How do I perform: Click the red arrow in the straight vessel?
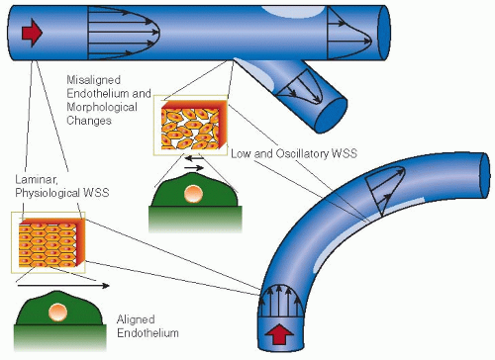(32, 33)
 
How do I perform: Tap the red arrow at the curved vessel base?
(279, 335)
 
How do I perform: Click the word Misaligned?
(94, 80)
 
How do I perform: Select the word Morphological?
(102, 107)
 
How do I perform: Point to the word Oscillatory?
(302, 153)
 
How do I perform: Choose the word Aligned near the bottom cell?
(136, 319)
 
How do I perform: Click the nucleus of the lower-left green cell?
(57, 312)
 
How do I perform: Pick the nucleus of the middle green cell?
(193, 194)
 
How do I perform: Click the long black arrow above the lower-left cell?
(63, 286)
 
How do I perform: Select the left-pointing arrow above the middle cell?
(195, 158)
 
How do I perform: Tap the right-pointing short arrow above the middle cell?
(194, 168)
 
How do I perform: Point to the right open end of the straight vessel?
(384, 33)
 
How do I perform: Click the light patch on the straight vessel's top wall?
(293, 11)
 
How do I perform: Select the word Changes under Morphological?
(89, 121)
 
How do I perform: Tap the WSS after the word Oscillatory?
(345, 153)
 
